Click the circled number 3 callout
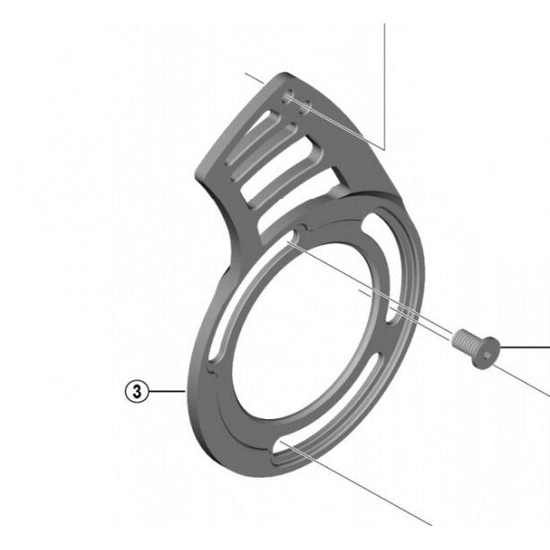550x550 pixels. [136, 391]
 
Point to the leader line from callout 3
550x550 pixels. [167, 391]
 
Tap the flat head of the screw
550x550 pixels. [486, 353]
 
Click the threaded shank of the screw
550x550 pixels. [464, 341]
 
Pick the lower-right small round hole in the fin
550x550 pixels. [305, 107]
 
